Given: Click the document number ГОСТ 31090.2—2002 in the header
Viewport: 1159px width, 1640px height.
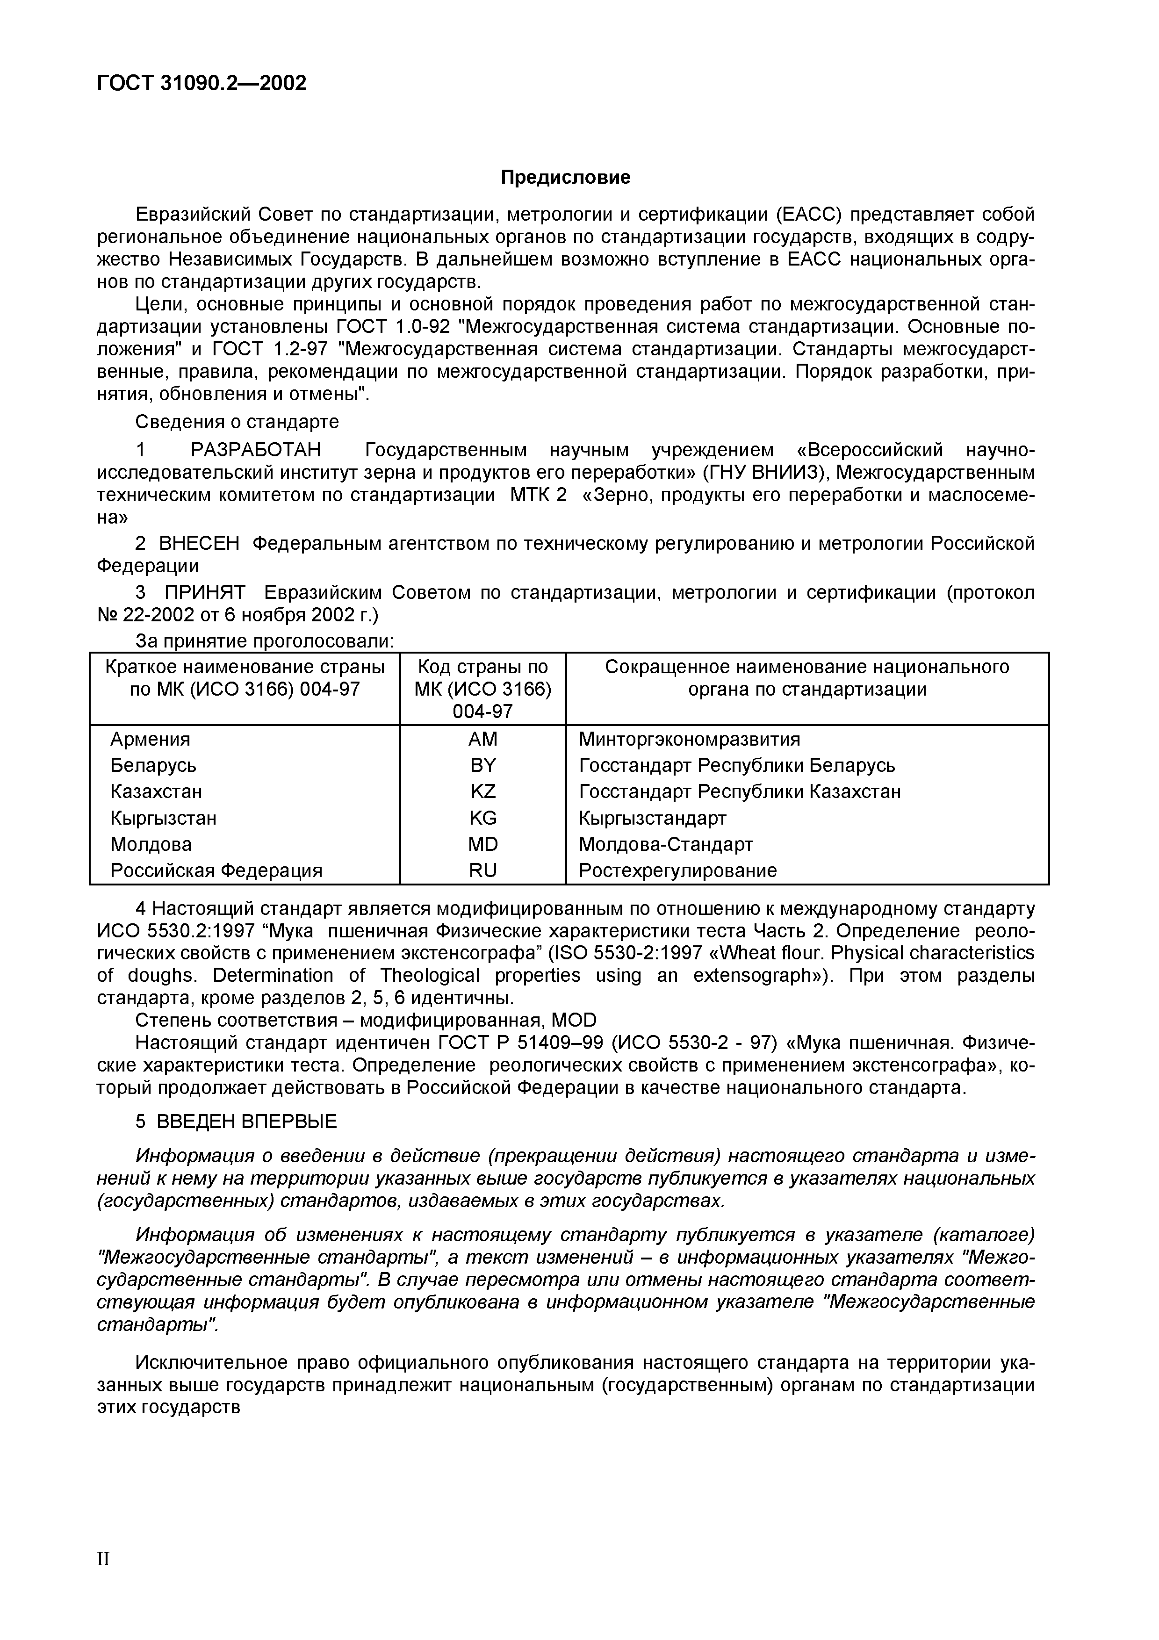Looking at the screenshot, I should tap(202, 84).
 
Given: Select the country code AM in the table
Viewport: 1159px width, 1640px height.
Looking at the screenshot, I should tap(483, 739).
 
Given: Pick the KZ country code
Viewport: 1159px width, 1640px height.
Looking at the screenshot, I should tap(483, 791).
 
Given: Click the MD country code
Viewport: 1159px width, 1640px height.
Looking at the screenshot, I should tap(483, 844).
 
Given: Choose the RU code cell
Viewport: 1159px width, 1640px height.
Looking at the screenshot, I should tap(483, 870).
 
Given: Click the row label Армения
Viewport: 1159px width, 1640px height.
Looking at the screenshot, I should tap(150, 739).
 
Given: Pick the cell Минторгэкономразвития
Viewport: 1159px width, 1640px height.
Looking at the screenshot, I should tap(689, 739).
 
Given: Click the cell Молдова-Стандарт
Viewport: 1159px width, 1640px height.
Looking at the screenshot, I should tap(666, 844).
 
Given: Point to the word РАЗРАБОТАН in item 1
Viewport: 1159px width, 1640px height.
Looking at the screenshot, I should tap(256, 450).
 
